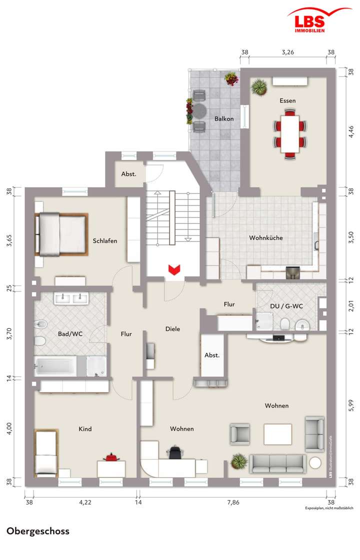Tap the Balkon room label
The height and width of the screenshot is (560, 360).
click(x=224, y=118)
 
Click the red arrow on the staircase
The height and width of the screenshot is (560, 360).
click(x=173, y=270)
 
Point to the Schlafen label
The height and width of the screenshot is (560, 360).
click(x=105, y=241)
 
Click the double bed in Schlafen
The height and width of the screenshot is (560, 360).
click(x=61, y=233)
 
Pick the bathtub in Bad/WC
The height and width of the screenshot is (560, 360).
click(x=55, y=366)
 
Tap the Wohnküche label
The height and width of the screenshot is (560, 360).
click(x=266, y=238)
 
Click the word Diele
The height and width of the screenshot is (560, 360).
click(x=173, y=329)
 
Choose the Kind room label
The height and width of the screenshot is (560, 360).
click(x=85, y=429)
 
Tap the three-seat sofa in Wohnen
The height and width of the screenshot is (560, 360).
click(x=278, y=463)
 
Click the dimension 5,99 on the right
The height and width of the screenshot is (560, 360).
click(x=350, y=404)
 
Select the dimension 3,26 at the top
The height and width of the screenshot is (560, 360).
click(x=287, y=51)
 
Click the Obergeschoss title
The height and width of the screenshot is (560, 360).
click(x=38, y=531)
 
